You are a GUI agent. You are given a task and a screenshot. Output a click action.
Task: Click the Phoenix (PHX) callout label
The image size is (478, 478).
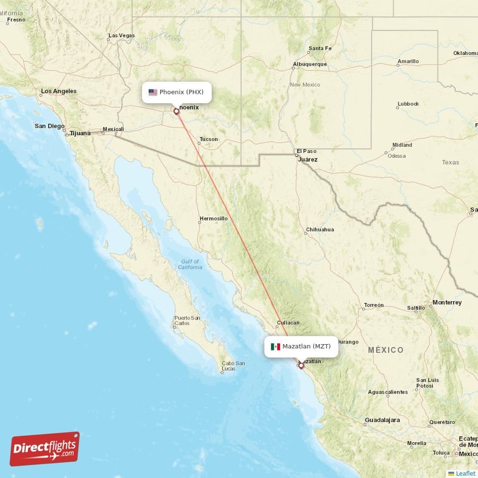(x=177, y=92)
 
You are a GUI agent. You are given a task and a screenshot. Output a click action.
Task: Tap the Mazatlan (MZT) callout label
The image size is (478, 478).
(x=302, y=347)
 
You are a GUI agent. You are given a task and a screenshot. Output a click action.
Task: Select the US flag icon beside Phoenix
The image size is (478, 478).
(x=153, y=92)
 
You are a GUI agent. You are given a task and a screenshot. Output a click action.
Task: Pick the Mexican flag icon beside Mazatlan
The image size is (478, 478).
(x=275, y=347)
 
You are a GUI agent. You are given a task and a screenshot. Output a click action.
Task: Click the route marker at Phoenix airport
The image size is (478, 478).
(x=176, y=111)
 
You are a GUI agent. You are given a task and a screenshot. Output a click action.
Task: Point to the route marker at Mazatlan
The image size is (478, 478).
(x=301, y=365)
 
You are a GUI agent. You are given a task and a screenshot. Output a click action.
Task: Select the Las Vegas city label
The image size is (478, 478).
(x=122, y=36)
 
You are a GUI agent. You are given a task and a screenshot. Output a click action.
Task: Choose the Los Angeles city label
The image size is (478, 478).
(x=59, y=91)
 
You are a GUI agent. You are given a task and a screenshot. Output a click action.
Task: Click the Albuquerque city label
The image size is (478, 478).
(x=310, y=64)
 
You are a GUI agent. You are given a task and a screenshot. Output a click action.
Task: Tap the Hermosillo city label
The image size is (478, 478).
(x=213, y=219)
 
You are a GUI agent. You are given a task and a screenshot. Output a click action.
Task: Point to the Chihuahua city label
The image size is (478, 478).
(x=320, y=229)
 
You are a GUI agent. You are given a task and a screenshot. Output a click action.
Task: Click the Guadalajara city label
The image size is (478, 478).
(x=382, y=420)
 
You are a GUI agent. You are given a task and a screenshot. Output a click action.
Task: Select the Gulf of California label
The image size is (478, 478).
(x=191, y=265)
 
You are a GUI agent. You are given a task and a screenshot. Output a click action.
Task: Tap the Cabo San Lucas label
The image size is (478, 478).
(x=233, y=366)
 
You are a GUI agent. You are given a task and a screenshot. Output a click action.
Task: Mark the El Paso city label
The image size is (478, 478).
(x=307, y=151)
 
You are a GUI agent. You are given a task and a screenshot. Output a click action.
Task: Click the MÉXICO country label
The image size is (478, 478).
(x=385, y=350)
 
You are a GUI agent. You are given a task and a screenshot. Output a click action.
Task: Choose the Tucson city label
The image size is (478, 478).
(x=209, y=139)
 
